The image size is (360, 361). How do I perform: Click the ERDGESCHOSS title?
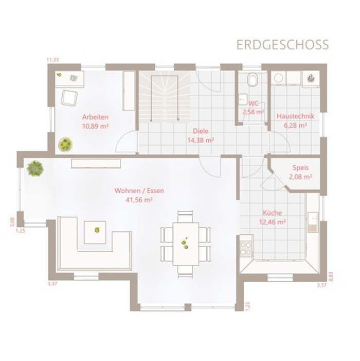tap(282, 45)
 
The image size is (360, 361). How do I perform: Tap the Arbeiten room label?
tap(95, 117)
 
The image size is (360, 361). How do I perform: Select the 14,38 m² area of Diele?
tap(201, 140)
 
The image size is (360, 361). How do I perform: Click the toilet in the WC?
tap(253, 79)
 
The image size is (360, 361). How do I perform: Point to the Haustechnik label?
tap(295, 116)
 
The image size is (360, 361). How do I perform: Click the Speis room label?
tap(300, 168)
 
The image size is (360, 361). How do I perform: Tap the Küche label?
tap(273, 213)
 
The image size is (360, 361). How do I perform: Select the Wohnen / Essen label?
tap(139, 191)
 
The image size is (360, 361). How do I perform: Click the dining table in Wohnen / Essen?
tap(186, 244)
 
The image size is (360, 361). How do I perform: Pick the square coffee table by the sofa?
tap(95, 232)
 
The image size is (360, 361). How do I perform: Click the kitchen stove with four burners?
tap(246, 249)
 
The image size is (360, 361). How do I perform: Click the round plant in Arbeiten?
tap(65, 145)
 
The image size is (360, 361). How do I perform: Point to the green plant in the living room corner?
tap(35, 168)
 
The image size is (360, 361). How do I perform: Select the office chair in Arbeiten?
tap(69, 98)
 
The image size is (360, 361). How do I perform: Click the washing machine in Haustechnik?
tap(278, 78)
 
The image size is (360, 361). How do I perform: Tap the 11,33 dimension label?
tap(52, 60)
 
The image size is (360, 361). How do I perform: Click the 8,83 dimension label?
tap(331, 277)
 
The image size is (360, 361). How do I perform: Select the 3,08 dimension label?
tap(12, 222)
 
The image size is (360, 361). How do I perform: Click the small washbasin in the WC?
tap(242, 99)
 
